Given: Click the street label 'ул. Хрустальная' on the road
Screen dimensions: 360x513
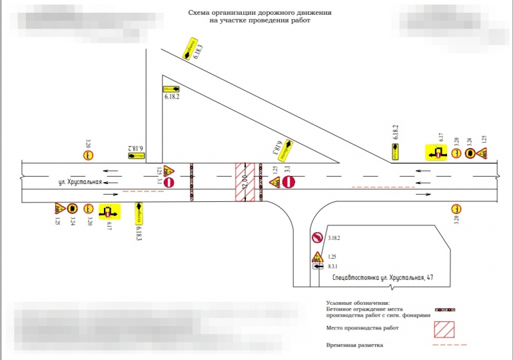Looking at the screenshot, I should [x=78, y=182].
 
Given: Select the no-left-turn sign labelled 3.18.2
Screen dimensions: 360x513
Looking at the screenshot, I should [x=317, y=238].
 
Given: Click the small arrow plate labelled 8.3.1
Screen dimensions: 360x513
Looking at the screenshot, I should [x=318, y=265].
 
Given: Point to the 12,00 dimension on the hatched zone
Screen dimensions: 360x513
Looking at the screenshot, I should [x=245, y=181].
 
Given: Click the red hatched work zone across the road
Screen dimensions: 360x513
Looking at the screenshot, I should [x=244, y=181].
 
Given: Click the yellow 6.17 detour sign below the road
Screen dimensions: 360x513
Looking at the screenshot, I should [x=108, y=212].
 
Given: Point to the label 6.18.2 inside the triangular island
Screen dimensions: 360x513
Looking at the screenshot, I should [x=172, y=97].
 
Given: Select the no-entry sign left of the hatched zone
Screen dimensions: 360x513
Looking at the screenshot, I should [x=169, y=181].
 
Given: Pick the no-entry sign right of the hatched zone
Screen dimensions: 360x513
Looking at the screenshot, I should [x=288, y=181].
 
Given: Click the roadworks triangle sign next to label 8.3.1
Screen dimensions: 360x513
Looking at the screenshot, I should [x=318, y=255].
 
